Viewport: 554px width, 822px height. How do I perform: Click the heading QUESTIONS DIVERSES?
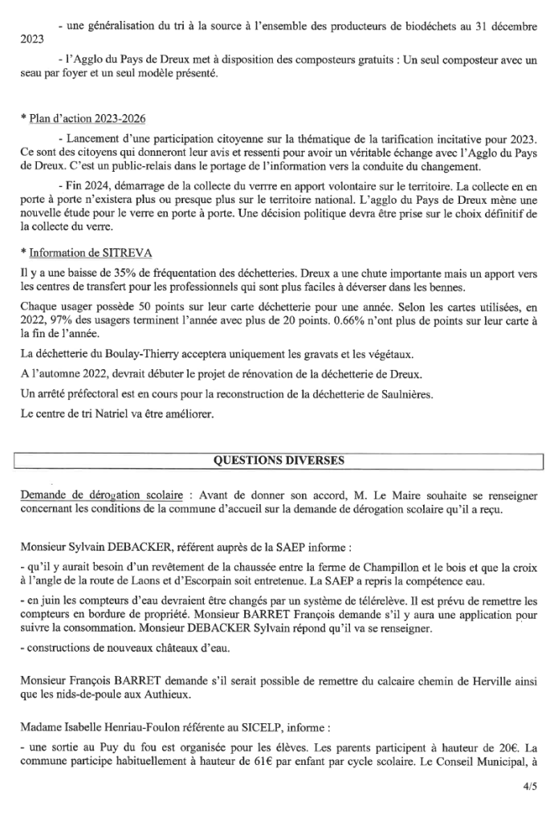(x=277, y=460)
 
